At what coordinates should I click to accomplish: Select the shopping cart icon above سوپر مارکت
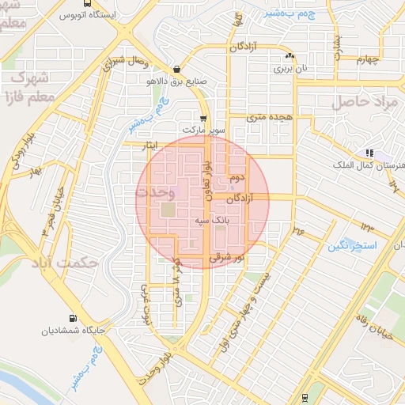pyautogui.click(x=204, y=118)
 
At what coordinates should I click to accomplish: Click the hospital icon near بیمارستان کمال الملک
pyautogui.click(x=369, y=153)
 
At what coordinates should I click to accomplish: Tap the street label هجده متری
pyautogui.click(x=269, y=117)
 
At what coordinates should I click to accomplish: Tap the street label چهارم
pyautogui.click(x=368, y=59)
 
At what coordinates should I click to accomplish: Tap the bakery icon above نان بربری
pyautogui.click(x=290, y=56)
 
